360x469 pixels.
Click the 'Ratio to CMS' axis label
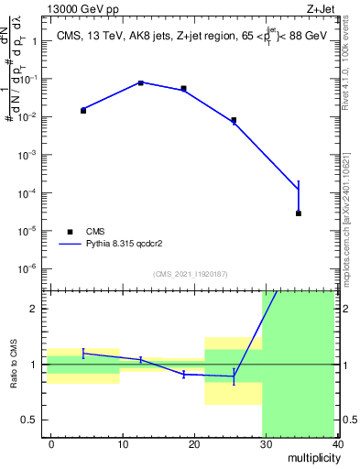tap(15, 365)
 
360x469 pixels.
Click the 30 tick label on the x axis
tap(266, 443)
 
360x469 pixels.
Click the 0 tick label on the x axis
tap(51, 443)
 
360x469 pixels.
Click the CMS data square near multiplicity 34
tap(299, 213)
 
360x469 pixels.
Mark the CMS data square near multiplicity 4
tap(83, 110)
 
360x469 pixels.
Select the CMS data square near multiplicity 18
tap(184, 89)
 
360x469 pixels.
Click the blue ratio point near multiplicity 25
tap(234, 376)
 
